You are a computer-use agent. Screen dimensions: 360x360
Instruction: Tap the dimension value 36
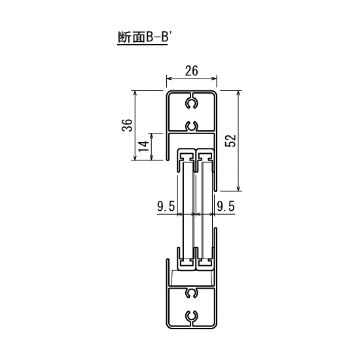128,124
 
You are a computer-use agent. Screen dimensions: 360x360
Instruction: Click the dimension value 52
228,141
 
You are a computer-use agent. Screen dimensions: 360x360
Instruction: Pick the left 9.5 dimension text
165,207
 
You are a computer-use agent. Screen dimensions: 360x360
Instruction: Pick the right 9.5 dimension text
225,207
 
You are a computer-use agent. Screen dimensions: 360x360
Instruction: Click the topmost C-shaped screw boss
191,103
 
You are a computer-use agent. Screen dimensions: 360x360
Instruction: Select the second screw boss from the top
191,125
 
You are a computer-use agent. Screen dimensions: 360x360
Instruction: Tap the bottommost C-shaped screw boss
191,315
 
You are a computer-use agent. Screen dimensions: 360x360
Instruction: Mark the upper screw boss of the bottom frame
191,293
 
